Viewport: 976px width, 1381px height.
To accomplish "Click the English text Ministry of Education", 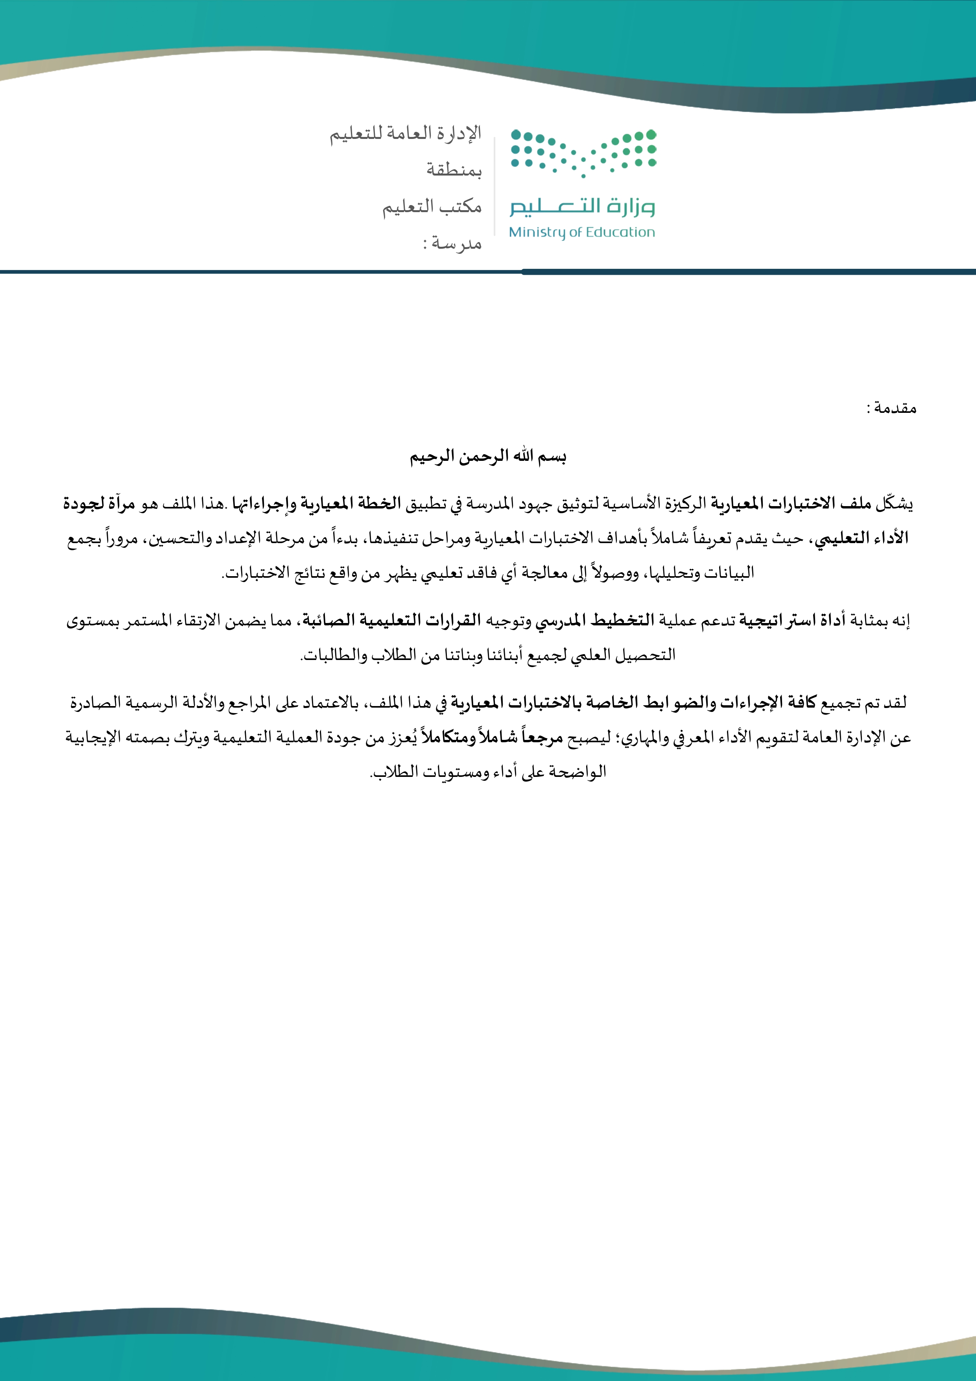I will (x=581, y=232).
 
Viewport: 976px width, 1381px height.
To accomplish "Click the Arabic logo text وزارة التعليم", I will (x=582, y=206).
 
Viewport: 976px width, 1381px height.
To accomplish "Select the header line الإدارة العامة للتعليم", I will (x=405, y=133).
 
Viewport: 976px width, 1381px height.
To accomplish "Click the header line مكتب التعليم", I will (x=432, y=207).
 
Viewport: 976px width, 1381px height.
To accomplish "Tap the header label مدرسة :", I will (x=452, y=244).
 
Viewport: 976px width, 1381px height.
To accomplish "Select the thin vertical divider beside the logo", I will (x=495, y=187).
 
